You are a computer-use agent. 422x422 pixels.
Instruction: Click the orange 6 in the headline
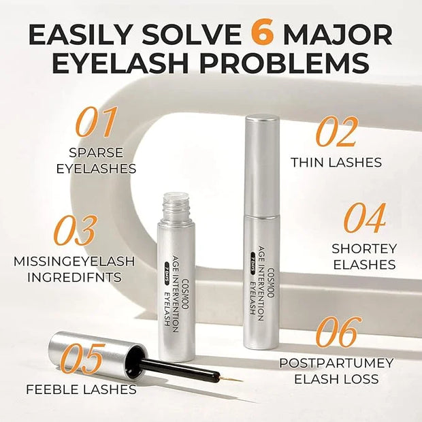(x=260, y=35)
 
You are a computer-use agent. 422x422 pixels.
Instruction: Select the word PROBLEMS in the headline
(x=279, y=63)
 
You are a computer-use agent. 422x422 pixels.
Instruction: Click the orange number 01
(x=97, y=122)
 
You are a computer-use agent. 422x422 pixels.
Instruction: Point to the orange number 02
(x=337, y=132)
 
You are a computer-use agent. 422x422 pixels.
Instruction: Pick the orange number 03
(x=75, y=230)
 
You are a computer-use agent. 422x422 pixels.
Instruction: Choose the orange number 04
(x=365, y=218)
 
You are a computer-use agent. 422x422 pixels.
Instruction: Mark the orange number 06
(x=339, y=332)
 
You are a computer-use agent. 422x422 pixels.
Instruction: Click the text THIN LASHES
(x=336, y=163)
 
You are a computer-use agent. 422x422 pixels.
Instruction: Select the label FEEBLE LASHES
(x=81, y=389)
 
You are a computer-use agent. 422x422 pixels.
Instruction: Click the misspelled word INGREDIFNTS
(x=74, y=278)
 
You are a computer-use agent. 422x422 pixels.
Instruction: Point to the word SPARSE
(x=96, y=152)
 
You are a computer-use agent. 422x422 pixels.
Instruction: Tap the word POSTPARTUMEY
(x=336, y=363)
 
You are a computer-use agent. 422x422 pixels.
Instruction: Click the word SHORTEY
(x=364, y=248)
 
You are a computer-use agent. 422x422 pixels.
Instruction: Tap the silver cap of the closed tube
(x=261, y=165)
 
